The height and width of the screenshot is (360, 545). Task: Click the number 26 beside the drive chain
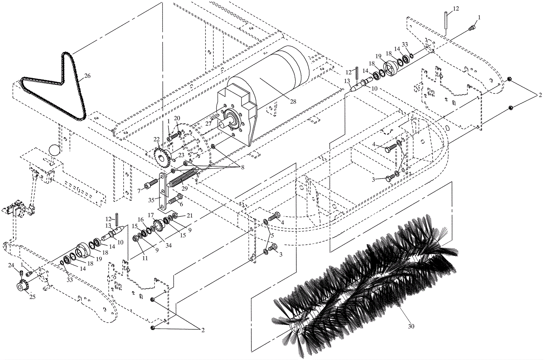tap(88, 76)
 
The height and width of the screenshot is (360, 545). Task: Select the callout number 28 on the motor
tap(293, 101)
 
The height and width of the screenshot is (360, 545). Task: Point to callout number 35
tap(153, 199)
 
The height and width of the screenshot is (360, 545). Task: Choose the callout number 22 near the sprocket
tap(156, 139)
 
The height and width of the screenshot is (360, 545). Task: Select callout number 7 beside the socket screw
tap(139, 190)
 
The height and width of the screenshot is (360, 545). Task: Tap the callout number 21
tap(190, 215)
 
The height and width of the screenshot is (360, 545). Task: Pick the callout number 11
tap(145, 258)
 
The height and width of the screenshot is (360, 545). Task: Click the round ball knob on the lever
tap(54, 150)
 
